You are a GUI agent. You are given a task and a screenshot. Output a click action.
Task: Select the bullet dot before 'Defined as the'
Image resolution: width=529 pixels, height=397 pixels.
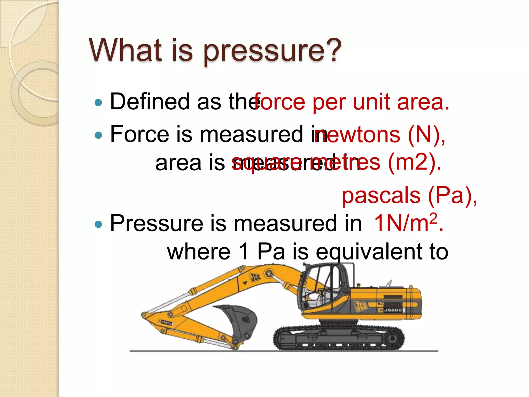98,103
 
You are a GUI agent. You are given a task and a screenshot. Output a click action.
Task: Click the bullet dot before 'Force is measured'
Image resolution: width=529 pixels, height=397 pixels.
98,135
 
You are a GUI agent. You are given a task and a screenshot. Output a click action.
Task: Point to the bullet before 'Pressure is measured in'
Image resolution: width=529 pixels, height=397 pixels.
98,224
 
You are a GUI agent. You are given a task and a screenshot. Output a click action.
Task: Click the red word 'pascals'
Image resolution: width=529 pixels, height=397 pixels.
381,196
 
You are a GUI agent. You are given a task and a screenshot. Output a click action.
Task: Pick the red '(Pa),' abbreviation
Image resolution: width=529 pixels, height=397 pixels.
452,196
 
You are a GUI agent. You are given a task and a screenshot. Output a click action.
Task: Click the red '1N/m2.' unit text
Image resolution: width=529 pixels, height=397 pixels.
408,223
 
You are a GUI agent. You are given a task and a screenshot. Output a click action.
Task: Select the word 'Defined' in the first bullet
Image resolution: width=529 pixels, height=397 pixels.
150,102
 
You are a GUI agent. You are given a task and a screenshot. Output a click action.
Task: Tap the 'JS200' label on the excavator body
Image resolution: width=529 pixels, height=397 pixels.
393,310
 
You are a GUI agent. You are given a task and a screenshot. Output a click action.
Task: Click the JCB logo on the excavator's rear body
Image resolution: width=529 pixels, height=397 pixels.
361,306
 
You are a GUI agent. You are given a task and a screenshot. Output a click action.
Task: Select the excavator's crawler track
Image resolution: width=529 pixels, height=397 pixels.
338,339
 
